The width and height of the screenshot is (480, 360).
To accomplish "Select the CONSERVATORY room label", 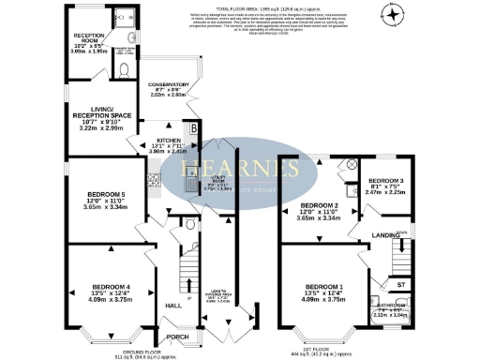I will [x=176, y=83].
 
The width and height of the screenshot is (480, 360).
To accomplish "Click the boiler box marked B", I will [x=194, y=126].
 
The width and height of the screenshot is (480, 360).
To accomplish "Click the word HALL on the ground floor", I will [x=172, y=306].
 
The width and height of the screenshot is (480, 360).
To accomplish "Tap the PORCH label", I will [x=176, y=336].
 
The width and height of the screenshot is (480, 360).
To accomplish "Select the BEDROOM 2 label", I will [x=319, y=204].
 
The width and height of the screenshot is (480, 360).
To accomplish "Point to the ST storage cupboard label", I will [x=399, y=282].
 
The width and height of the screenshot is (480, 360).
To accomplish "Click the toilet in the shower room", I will [x=124, y=69].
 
